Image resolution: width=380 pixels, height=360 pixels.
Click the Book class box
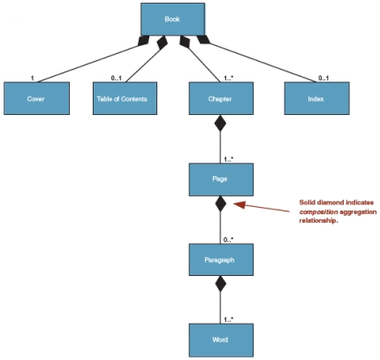[x=172, y=19]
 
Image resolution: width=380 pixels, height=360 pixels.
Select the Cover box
[x=36, y=98]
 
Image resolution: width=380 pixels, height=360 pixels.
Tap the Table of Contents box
[x=125, y=98]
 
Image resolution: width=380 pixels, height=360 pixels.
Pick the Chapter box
[x=221, y=98]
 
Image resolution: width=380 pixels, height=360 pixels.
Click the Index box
[x=316, y=98]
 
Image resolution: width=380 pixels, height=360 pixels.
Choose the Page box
[x=221, y=180]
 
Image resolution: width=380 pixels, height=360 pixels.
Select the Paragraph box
[x=221, y=260]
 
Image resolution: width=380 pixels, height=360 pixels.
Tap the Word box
[x=221, y=340]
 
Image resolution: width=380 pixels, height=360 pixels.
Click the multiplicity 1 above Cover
[x=33, y=78]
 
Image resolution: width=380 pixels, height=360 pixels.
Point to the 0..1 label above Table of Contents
[x=117, y=78]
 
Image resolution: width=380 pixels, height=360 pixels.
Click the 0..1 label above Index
[x=323, y=78]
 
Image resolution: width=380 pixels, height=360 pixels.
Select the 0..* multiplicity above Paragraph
[x=228, y=240]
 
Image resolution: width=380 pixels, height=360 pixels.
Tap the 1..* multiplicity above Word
[x=228, y=319]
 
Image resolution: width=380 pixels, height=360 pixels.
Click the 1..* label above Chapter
[x=228, y=79]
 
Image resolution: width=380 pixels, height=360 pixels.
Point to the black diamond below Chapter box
[x=220, y=123]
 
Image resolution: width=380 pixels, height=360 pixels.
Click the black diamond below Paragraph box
[x=220, y=284]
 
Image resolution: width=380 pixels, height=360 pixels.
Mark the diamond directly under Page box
[x=220, y=203]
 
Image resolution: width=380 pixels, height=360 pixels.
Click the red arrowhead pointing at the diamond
[x=239, y=204]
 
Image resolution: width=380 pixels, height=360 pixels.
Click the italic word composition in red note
[x=318, y=211]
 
